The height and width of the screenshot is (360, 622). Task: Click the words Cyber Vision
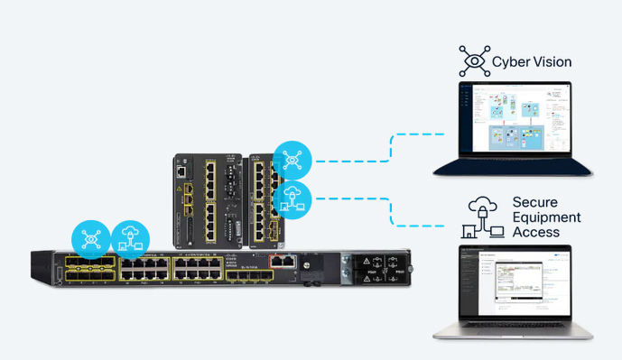tap(532, 62)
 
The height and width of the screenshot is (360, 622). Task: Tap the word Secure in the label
tap(534, 201)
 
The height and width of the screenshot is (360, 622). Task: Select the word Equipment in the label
tap(546, 217)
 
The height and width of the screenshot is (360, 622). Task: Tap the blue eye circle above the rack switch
tap(91, 239)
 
